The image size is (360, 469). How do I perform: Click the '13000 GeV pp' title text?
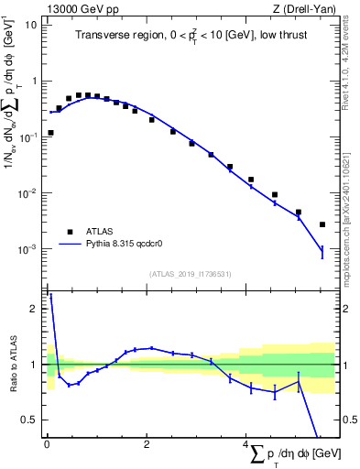[x=78, y=9]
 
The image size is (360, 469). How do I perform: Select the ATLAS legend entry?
[x=99, y=232]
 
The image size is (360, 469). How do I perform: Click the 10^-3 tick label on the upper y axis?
[x=29, y=249]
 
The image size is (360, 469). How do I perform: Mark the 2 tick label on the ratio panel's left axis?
[x=37, y=309]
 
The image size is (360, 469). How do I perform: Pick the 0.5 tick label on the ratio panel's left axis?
[x=33, y=420]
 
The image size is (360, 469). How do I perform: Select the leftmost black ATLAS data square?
[x=50, y=133]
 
